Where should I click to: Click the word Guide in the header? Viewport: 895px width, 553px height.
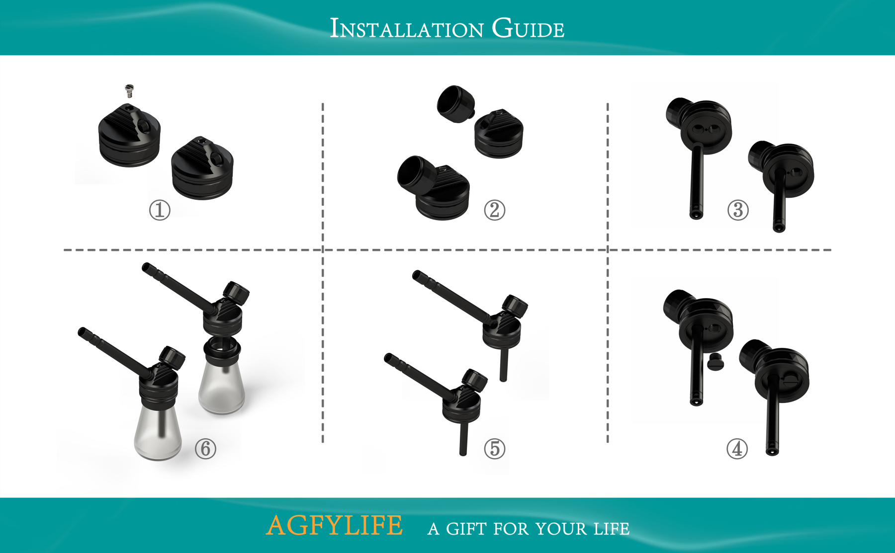point(528,28)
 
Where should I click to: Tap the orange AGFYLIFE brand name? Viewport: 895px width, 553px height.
point(334,526)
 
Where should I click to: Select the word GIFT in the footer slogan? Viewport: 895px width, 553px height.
point(466,529)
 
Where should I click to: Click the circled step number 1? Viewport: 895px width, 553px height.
point(160,210)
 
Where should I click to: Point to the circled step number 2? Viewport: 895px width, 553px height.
point(494,210)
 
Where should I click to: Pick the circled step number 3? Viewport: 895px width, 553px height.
point(738,210)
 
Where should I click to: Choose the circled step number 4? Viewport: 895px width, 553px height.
point(737,449)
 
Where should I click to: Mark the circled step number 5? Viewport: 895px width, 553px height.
point(494,449)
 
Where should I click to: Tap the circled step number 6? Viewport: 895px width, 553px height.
point(205,449)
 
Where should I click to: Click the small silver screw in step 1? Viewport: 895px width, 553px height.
point(129,90)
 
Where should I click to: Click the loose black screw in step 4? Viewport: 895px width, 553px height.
point(715,362)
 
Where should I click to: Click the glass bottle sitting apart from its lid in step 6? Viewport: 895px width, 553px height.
point(221,388)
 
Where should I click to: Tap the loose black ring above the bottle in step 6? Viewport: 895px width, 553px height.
point(222,349)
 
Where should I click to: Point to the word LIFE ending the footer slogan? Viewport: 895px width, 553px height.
point(611,529)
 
